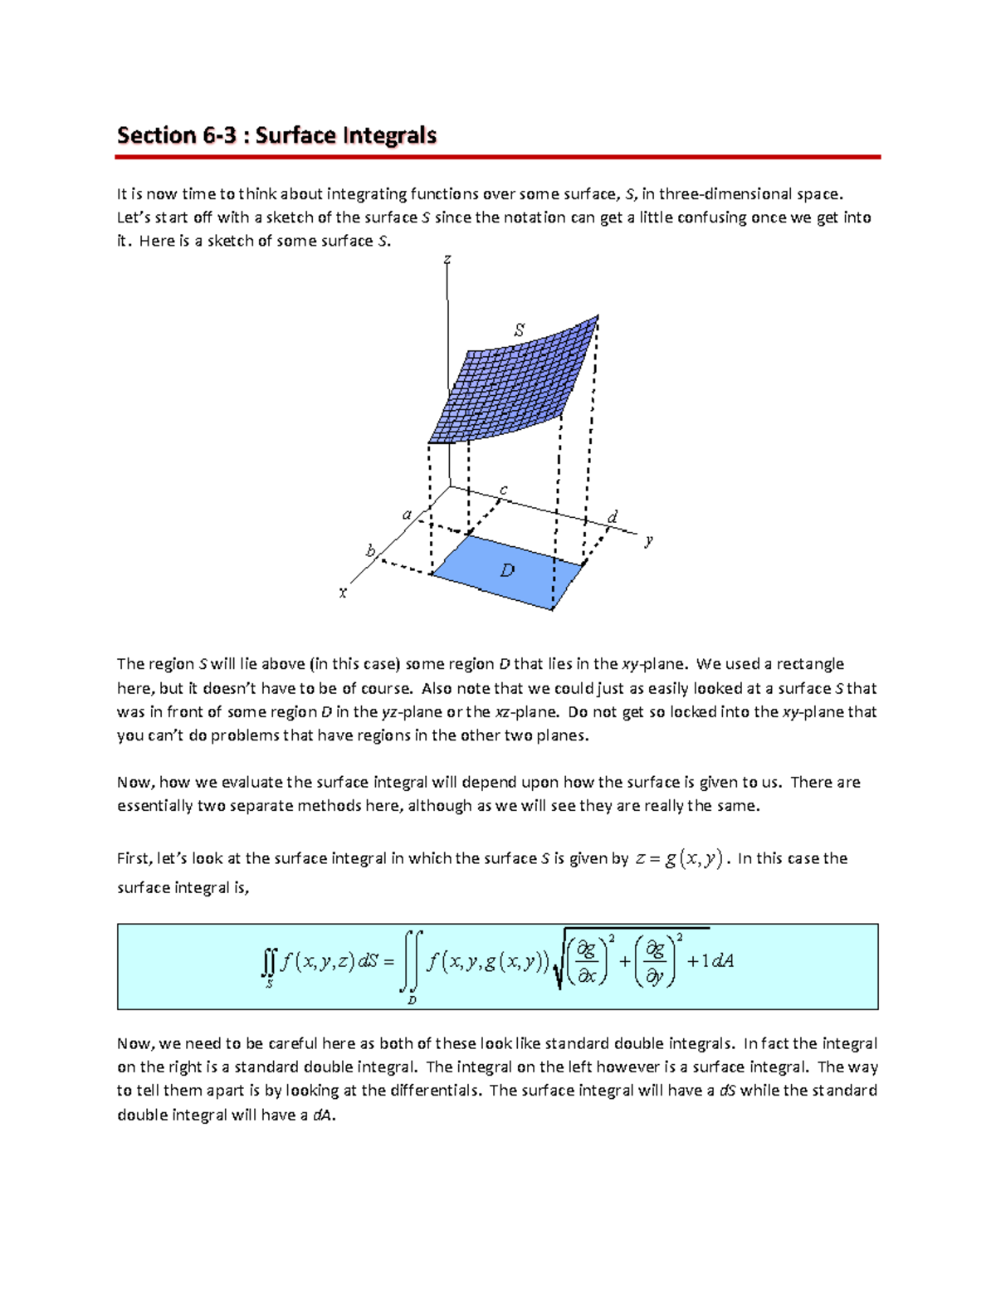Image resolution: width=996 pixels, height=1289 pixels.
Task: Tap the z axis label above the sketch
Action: tap(447, 260)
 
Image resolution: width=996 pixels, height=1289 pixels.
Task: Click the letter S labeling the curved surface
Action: tap(519, 330)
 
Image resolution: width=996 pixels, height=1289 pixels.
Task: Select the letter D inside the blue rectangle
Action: tap(507, 570)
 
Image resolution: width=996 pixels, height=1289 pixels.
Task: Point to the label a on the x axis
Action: tap(407, 515)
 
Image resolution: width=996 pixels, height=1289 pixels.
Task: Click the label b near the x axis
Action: tap(371, 551)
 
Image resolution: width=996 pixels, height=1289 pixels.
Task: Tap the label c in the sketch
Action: tap(503, 491)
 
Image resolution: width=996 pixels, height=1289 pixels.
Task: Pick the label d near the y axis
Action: tap(613, 517)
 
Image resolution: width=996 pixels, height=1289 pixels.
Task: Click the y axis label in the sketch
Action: tap(649, 540)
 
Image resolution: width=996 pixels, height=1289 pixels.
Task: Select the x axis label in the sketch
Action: tap(343, 593)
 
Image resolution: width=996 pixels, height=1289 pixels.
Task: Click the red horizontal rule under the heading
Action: tap(498, 157)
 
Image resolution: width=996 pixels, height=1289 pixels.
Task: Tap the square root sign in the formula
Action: tap(558, 967)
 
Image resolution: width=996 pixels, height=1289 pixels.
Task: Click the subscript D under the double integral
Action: tap(412, 1000)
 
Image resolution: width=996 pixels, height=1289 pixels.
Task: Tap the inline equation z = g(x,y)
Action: tap(679, 859)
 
